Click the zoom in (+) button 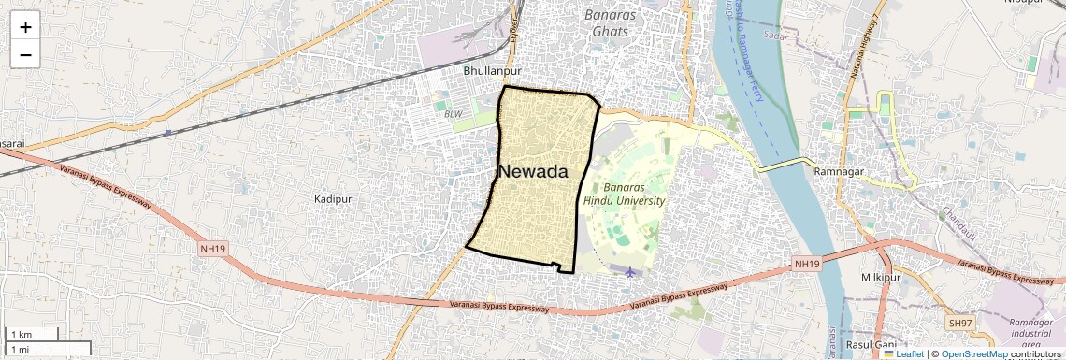[25, 27]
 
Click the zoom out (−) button [25, 55]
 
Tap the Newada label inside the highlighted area [533, 172]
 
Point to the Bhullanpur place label [492, 71]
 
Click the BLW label [454, 114]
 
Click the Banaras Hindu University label [624, 194]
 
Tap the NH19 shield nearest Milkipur [807, 265]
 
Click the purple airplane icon [631, 273]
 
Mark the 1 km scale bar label [21, 334]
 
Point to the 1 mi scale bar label [19, 349]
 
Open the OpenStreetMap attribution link [974, 353]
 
